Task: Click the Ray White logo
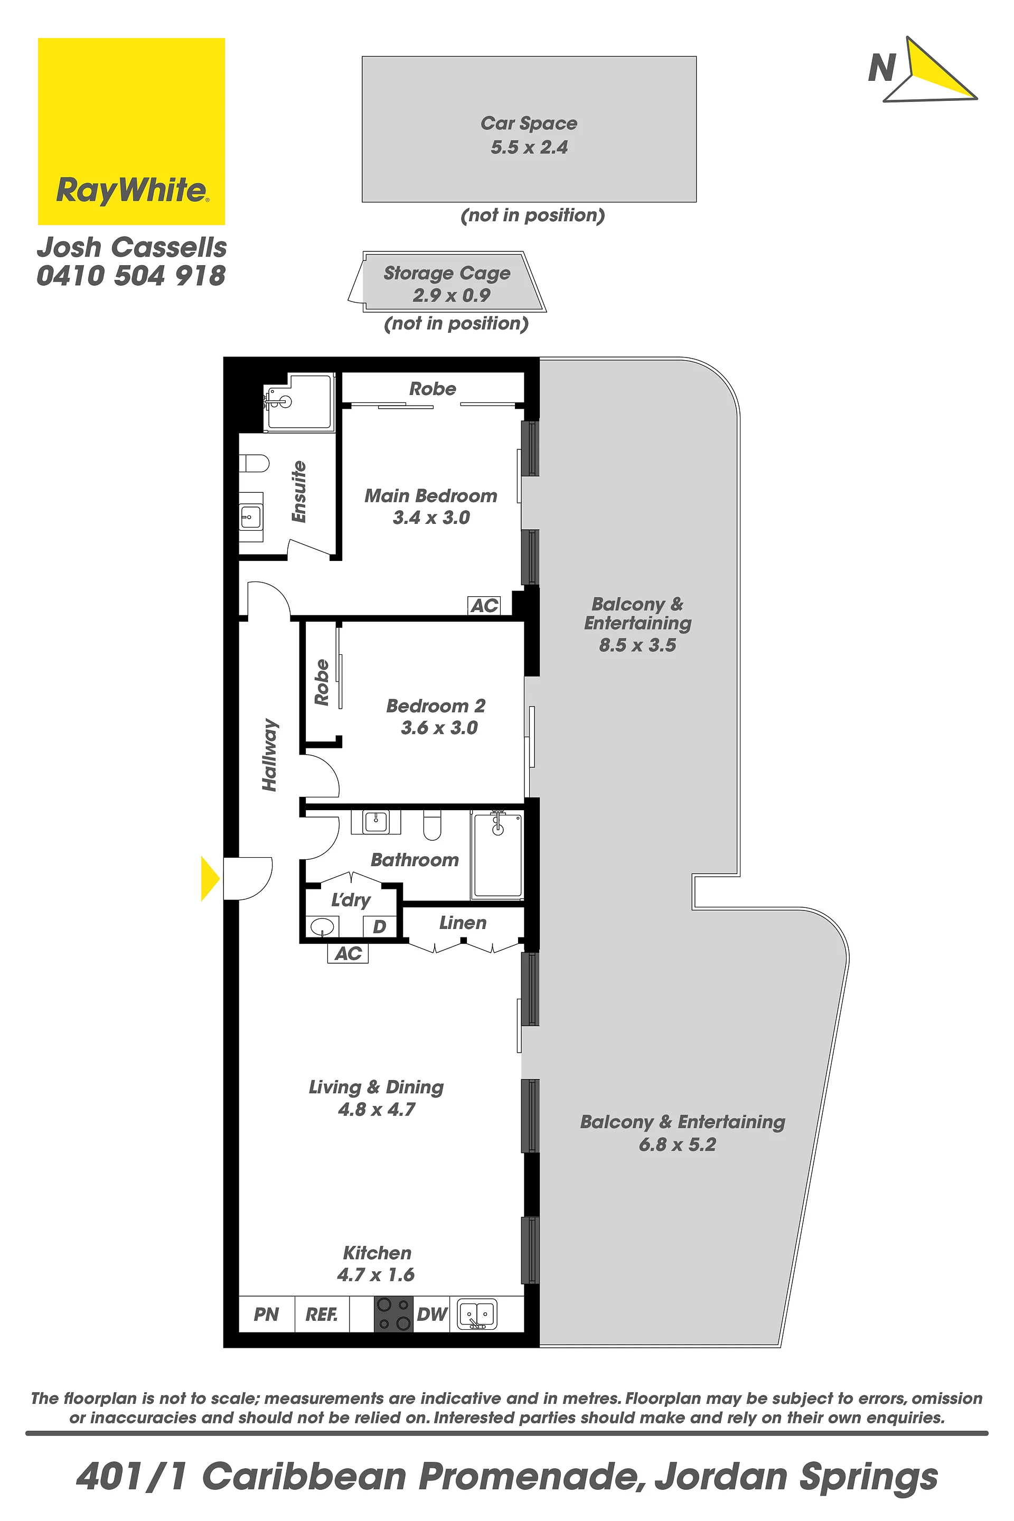tap(132, 132)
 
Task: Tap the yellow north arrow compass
tap(931, 70)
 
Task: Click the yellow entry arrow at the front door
tap(210, 878)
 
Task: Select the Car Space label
tap(529, 123)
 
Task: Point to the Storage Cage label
tap(447, 273)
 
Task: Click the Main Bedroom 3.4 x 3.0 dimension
tap(431, 518)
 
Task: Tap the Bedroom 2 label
tap(436, 706)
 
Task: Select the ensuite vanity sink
tap(251, 517)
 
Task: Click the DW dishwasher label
tap(432, 1314)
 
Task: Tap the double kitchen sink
tap(477, 1314)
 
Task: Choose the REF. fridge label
tap(322, 1314)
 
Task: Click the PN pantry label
tap(266, 1314)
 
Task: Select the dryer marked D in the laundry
tap(380, 927)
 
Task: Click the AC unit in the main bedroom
tap(484, 605)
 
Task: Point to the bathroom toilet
tap(432, 824)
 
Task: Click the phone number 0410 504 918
tap(132, 276)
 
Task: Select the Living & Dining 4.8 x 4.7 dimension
tap(377, 1110)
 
